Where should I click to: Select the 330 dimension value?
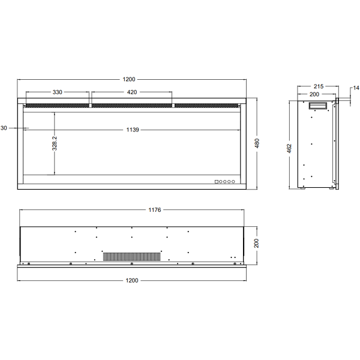click(57, 92)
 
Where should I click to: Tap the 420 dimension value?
click(132, 92)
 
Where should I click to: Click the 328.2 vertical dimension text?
click(55, 145)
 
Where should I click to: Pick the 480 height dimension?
click(257, 144)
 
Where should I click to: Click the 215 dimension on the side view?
click(318, 87)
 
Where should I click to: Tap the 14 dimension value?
click(355, 89)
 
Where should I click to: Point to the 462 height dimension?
click(289, 147)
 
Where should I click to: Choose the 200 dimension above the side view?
click(314, 95)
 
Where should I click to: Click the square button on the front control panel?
click(217, 181)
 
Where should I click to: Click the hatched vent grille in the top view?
click(133, 256)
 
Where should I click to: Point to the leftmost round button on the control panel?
click(221, 181)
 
